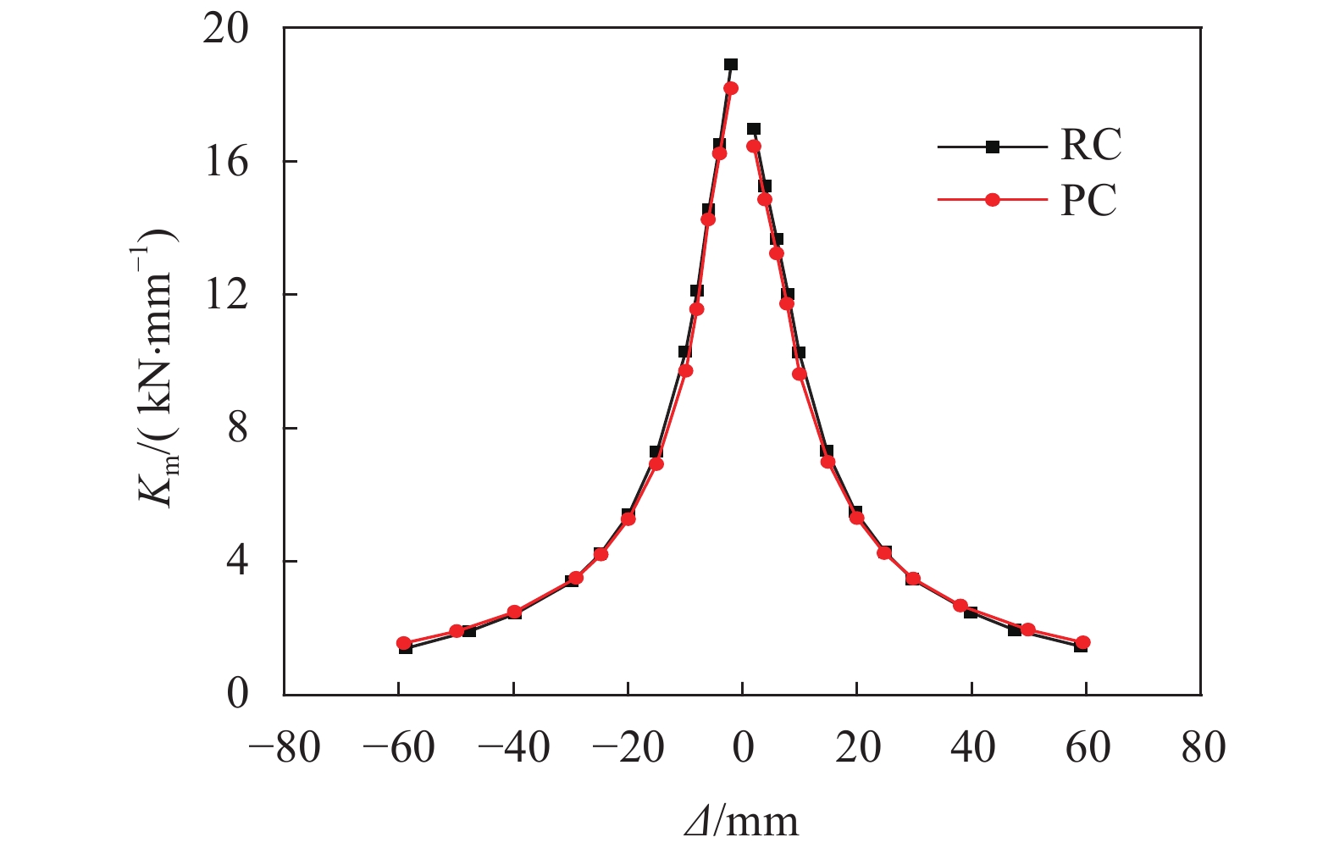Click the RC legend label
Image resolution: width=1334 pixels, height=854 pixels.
point(1091,146)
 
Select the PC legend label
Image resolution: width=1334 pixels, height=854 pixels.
point(1089,201)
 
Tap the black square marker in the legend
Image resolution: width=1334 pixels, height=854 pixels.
point(993,147)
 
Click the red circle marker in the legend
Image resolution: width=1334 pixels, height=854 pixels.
point(993,201)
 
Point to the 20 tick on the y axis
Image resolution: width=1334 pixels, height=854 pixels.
point(226,29)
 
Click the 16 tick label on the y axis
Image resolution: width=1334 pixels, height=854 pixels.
point(226,161)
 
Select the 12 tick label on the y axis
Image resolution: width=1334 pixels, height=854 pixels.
point(226,294)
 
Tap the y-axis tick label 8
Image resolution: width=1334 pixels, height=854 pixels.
point(238,428)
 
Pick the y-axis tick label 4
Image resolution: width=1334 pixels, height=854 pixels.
point(238,561)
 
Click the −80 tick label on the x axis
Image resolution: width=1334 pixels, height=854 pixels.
point(285,749)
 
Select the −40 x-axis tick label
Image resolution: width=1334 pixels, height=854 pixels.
point(513,749)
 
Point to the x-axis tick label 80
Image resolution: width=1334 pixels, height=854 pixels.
point(1202,749)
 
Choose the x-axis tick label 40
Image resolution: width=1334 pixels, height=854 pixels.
point(972,749)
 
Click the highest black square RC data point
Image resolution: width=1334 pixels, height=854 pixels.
point(731,64)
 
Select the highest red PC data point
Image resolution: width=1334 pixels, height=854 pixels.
point(731,88)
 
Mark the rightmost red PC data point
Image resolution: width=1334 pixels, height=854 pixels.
point(1082,643)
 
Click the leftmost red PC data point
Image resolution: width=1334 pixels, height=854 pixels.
point(404,644)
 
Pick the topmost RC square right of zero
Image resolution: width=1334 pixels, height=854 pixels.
point(754,129)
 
